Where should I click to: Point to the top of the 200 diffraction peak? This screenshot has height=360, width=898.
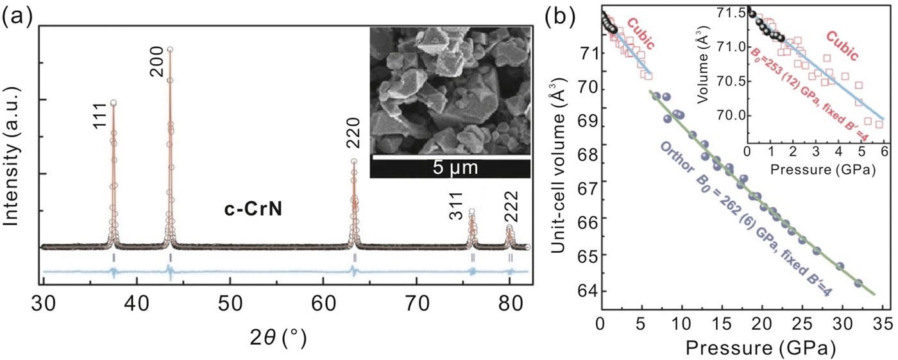(170, 49)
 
